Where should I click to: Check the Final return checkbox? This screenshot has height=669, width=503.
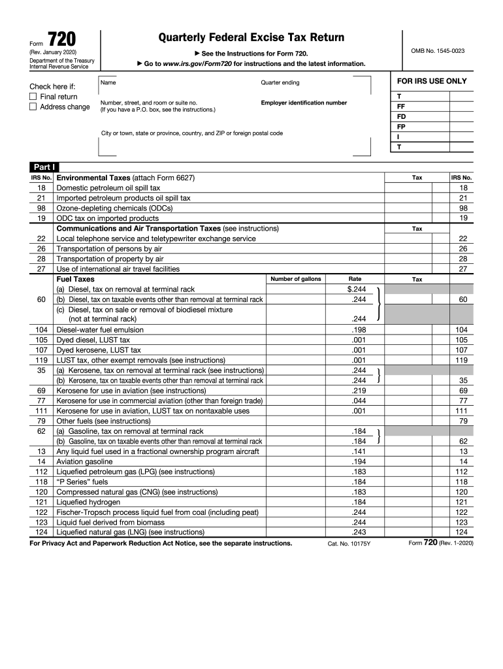(33, 97)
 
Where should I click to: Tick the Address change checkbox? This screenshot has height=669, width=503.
(33, 107)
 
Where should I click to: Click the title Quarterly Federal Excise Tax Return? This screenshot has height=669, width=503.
(252, 38)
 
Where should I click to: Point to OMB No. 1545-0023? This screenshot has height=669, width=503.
(438, 51)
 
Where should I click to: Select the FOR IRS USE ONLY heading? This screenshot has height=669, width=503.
(432, 81)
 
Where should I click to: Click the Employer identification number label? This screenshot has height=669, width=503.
(304, 103)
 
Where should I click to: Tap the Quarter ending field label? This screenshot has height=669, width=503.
(280, 82)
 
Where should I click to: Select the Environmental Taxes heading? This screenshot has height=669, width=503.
(93, 178)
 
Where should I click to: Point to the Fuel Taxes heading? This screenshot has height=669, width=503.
(76, 279)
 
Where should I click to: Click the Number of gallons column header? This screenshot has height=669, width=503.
(296, 279)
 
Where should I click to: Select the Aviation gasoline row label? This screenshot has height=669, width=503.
(89, 461)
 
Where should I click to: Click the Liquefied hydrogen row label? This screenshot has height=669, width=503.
(88, 502)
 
